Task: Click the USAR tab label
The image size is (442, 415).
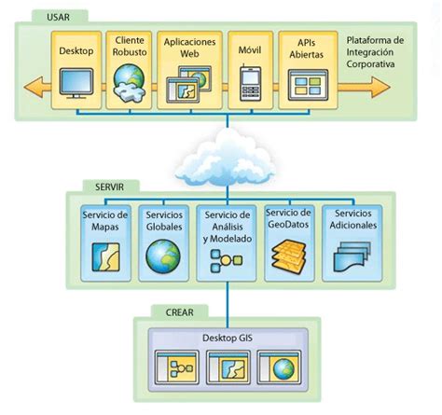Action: (58, 17)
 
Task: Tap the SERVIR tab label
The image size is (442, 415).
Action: (109, 187)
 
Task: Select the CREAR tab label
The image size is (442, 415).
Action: (179, 312)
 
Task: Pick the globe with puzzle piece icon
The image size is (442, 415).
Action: (130, 83)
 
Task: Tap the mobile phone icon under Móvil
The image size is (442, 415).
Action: (250, 83)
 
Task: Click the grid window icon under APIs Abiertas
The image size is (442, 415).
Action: (308, 85)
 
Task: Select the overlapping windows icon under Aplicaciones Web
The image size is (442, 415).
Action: (188, 84)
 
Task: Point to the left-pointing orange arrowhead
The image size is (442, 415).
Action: (35, 88)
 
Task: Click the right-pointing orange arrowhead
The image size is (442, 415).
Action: (380, 88)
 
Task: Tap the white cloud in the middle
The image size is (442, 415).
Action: (226, 159)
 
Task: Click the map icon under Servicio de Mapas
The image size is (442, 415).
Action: (105, 256)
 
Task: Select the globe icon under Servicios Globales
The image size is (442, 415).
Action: (163, 256)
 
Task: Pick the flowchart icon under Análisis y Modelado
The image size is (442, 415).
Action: (226, 261)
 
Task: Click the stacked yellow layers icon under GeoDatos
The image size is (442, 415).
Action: (289, 255)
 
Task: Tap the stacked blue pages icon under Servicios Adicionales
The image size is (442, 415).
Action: (352, 257)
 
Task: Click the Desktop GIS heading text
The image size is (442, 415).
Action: (228, 338)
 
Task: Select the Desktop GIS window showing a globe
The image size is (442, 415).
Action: (279, 367)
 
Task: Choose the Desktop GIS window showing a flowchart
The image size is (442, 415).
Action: (177, 367)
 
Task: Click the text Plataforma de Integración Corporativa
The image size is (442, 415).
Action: (375, 52)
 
